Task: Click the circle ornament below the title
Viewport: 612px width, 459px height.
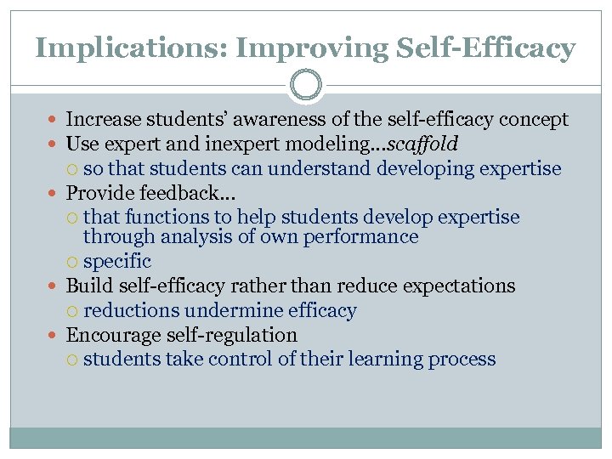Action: click(x=306, y=85)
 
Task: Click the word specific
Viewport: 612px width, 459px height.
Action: click(x=117, y=262)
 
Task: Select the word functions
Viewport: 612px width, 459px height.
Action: click(x=171, y=217)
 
